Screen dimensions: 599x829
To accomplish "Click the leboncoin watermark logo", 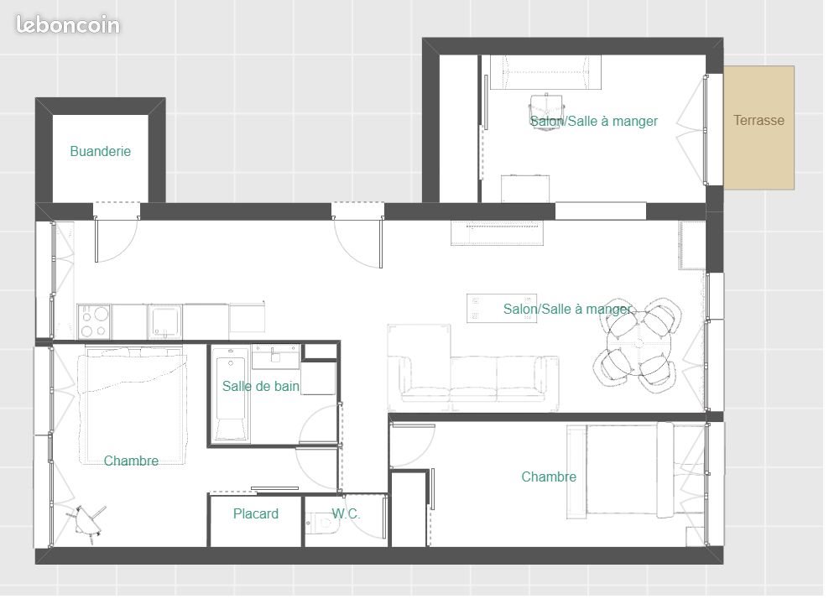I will click(x=68, y=25).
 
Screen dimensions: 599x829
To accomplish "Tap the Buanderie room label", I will click(x=100, y=152).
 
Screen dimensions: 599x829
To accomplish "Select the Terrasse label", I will click(x=759, y=121).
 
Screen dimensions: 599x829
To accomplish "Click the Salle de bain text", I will click(x=260, y=387).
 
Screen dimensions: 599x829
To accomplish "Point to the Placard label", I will click(x=256, y=514).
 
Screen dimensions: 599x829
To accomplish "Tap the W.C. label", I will click(x=346, y=514).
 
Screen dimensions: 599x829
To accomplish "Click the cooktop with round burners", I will click(x=95, y=320).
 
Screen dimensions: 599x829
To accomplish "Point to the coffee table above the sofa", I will click(x=502, y=308).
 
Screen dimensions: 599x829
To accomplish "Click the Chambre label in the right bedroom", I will click(x=549, y=477).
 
